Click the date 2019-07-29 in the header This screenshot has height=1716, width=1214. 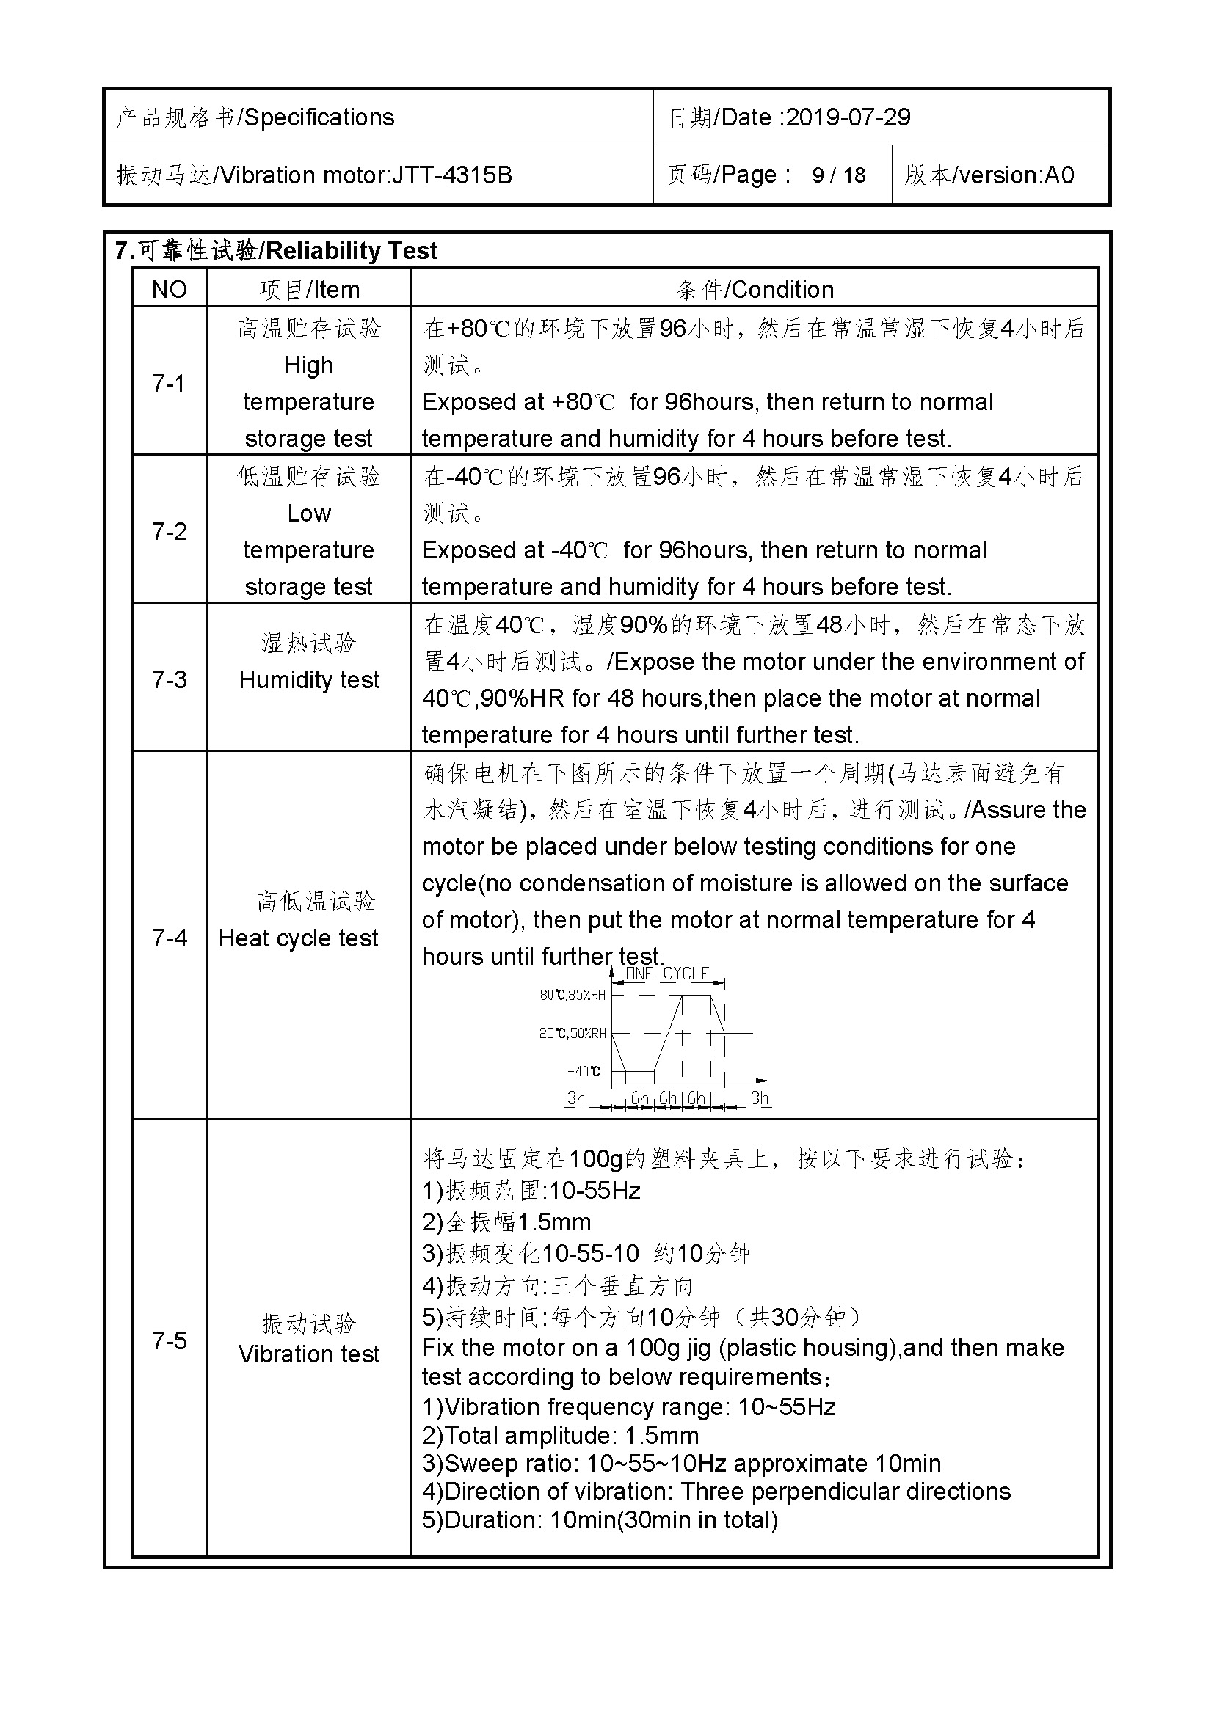[848, 117]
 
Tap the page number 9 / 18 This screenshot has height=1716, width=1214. [839, 175]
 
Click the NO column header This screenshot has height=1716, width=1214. [169, 289]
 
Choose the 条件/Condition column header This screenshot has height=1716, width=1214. [755, 289]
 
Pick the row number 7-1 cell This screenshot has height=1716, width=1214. [169, 384]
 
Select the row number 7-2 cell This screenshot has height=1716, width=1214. [169, 531]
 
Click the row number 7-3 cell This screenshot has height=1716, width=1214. [169, 679]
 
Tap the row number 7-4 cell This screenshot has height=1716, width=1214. [169, 937]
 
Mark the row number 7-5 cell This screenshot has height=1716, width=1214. [169, 1340]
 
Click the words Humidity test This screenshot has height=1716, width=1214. [309, 679]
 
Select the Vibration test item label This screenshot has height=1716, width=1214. [309, 1354]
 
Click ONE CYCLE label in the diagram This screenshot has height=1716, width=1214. [666, 974]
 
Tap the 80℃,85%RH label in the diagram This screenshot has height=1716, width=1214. [573, 995]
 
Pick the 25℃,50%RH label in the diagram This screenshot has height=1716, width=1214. [573, 1033]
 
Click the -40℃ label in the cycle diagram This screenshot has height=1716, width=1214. [583, 1071]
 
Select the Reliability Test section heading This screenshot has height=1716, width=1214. [352, 250]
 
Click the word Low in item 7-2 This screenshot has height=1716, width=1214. [309, 514]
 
